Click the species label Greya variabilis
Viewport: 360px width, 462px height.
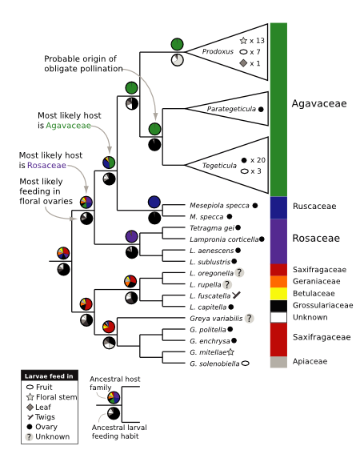216,319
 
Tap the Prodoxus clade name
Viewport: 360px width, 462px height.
218,51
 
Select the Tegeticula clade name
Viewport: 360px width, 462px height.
219,166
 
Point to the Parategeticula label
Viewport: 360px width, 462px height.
231,109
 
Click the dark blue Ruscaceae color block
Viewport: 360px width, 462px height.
278,207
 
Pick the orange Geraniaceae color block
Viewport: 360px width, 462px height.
278,281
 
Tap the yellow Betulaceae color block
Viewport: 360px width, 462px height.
278,294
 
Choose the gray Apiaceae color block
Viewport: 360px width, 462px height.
278,362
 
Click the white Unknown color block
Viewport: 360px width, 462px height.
278,317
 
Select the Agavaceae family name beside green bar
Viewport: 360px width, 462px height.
319,103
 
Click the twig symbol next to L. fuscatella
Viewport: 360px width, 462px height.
236,295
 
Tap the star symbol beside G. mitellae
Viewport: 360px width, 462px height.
230,352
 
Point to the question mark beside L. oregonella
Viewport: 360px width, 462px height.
239,273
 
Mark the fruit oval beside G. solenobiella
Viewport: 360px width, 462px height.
246,364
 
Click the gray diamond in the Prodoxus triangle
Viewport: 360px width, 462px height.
243,63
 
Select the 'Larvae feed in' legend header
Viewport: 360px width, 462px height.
50,376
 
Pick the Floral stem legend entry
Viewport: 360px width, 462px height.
52,397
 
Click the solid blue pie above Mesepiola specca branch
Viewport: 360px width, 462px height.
154,202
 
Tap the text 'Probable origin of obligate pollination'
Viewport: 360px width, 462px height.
83,63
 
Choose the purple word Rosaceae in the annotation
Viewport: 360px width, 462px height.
46,165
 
